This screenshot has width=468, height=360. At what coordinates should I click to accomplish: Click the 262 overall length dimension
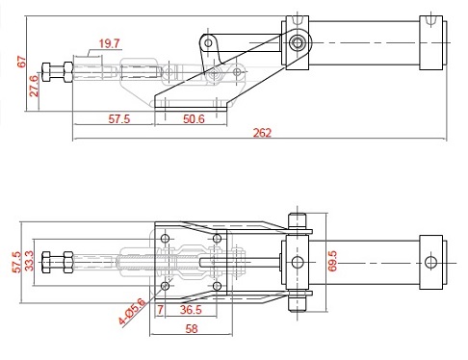262,133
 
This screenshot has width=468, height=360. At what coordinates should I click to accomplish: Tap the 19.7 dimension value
109,43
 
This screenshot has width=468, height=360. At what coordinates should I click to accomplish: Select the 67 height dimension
21,62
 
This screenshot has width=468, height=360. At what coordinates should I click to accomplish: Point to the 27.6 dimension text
34,86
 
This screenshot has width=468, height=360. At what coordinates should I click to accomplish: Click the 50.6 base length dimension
194,119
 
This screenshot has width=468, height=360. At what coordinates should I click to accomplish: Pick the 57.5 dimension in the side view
119,119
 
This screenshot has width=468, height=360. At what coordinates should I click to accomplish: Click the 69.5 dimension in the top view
332,261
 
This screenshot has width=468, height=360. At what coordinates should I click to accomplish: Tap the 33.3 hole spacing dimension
29,261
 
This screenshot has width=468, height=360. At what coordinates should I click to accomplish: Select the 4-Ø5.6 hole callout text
132,311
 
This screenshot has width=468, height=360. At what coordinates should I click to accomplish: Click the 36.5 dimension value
191,310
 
